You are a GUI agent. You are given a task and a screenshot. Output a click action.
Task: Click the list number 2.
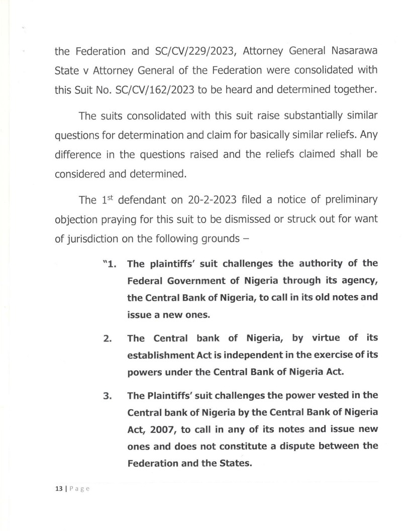tap(107, 337)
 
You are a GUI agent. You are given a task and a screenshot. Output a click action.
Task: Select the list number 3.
tap(107, 395)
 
